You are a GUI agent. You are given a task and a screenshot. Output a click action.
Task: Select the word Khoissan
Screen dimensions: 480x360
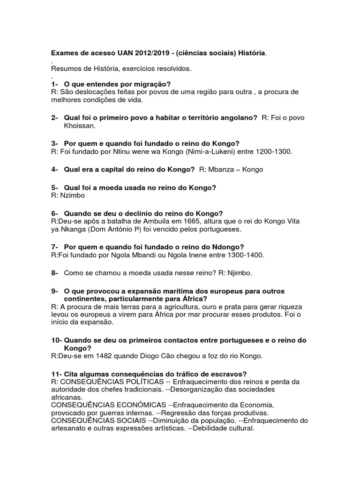pos(80,126)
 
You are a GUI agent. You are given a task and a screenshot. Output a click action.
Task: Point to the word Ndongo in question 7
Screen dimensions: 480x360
pos(227,247)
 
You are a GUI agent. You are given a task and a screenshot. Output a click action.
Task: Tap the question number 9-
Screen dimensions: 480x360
pos(55,291)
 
